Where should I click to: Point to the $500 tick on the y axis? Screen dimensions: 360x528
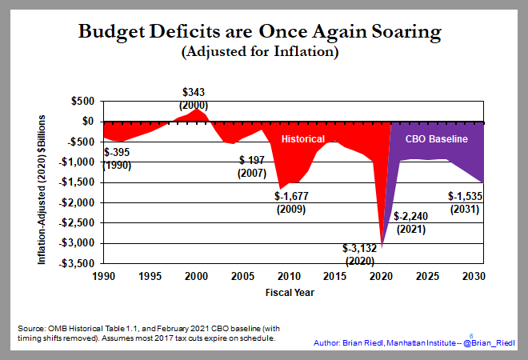[82, 101]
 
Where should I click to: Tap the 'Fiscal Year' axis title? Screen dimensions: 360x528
[290, 292]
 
